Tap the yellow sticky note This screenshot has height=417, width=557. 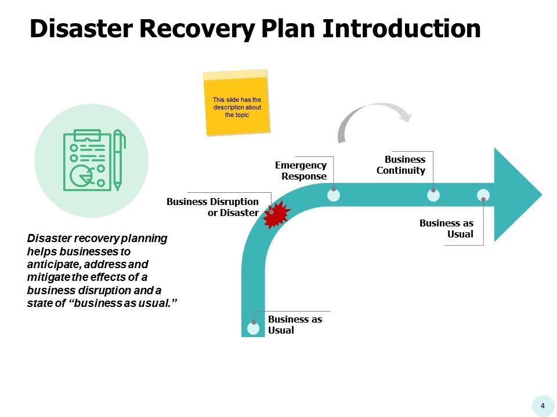coord(237,103)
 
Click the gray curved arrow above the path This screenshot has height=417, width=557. coord(371,119)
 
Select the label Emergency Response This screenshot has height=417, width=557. coord(301,171)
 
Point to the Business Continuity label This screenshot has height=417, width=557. coord(401,165)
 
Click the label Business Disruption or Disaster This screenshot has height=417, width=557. coord(212,207)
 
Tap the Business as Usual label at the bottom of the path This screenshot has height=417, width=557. coord(295,324)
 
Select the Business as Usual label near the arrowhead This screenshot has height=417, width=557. coord(446,229)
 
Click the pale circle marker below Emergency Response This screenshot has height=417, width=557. coord(334,195)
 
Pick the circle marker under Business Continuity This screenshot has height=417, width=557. coord(433,195)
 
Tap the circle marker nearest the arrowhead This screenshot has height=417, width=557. coord(483,195)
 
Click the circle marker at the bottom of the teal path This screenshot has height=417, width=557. coord(254,328)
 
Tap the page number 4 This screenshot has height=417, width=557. coord(542,405)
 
